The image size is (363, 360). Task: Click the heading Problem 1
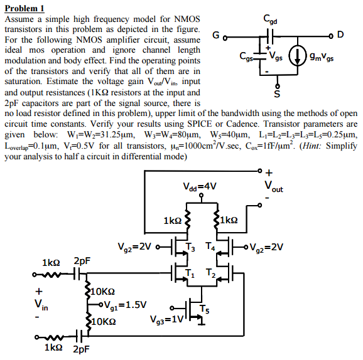[x=24, y=8]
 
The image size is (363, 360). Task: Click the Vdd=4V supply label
[x=200, y=186]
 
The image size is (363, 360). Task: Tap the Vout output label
[x=274, y=186]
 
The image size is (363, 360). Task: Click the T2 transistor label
[x=213, y=272]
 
